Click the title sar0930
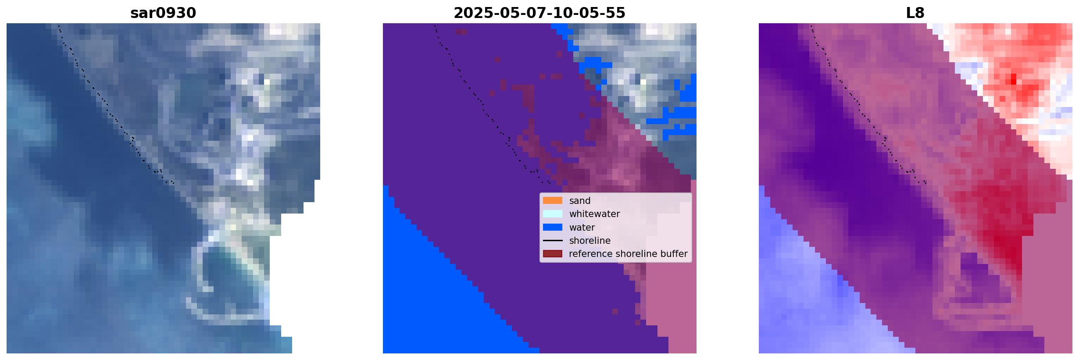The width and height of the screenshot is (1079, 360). point(163,13)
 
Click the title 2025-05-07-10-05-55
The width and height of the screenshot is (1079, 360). point(539,13)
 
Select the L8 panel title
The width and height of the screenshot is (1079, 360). point(915,13)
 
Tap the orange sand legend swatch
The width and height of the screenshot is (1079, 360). point(553,200)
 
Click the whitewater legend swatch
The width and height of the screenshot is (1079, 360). point(553,214)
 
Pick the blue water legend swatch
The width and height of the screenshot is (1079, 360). point(553,227)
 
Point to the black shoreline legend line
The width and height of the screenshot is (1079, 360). point(553,241)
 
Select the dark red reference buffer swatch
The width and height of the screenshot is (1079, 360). point(553,254)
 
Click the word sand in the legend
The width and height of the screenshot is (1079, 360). point(580,201)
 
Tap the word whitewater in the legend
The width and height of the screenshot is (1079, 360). point(594,214)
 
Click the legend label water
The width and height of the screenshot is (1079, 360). point(582,228)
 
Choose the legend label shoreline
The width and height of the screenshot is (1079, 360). point(590,241)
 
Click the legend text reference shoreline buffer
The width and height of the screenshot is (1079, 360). point(628,254)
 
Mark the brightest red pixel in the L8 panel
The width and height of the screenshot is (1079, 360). point(1013,79)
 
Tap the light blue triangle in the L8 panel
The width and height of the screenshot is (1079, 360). point(816,298)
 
